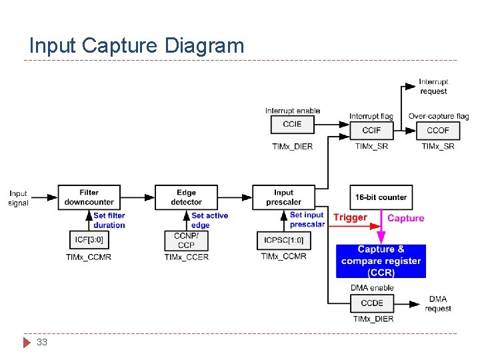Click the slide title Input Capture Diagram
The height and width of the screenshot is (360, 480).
tap(137, 45)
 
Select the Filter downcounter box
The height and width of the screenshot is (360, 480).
tap(89, 197)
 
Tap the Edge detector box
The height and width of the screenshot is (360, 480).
tap(187, 197)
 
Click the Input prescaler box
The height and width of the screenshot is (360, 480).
tap(283, 197)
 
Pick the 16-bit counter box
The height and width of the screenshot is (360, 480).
tap(381, 197)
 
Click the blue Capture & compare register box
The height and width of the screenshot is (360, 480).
tap(381, 261)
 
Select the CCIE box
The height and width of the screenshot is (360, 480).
tap(292, 125)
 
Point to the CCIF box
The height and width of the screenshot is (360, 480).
tap(371, 129)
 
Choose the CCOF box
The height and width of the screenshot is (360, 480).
tap(438, 129)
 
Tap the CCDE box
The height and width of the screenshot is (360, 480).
tap(371, 303)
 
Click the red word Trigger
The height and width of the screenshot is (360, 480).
tap(350, 217)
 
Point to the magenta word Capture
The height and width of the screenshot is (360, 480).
tap(405, 218)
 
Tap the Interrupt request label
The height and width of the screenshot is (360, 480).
tap(433, 87)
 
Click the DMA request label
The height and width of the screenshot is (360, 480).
tap(438, 303)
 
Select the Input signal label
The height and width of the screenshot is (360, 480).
tap(19, 198)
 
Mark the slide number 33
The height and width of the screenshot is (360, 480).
tap(42, 342)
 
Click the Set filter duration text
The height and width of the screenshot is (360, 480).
tap(109, 220)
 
